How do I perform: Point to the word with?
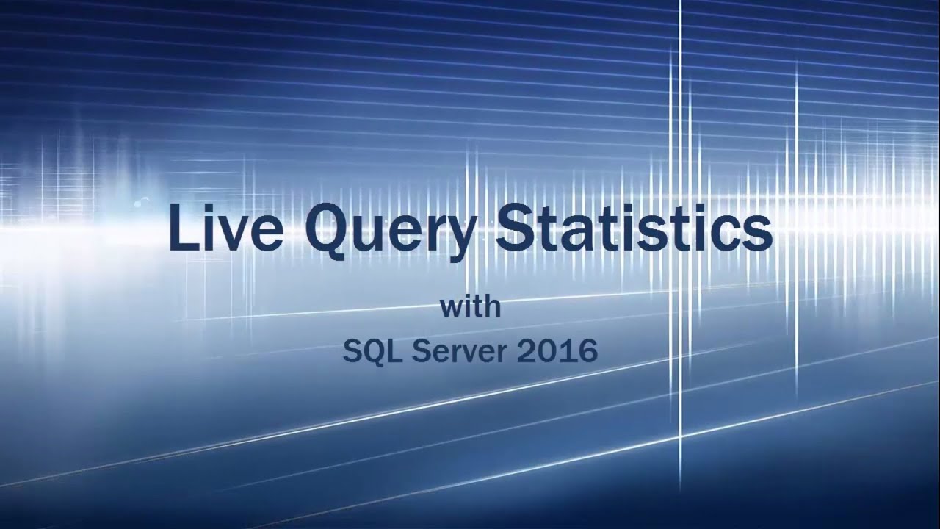pos(471,307)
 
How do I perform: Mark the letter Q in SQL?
pos(372,353)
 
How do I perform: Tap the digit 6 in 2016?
pos(587,353)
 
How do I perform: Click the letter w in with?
pos(452,309)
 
